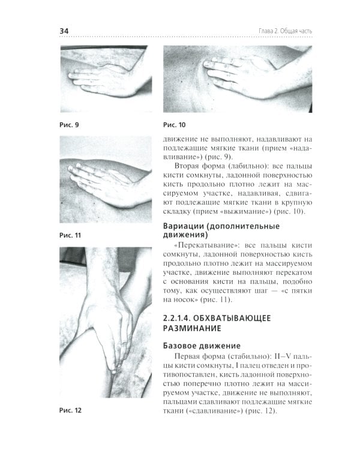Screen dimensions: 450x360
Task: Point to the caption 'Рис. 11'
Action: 70,236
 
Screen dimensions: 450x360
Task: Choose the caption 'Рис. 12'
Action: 70,411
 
